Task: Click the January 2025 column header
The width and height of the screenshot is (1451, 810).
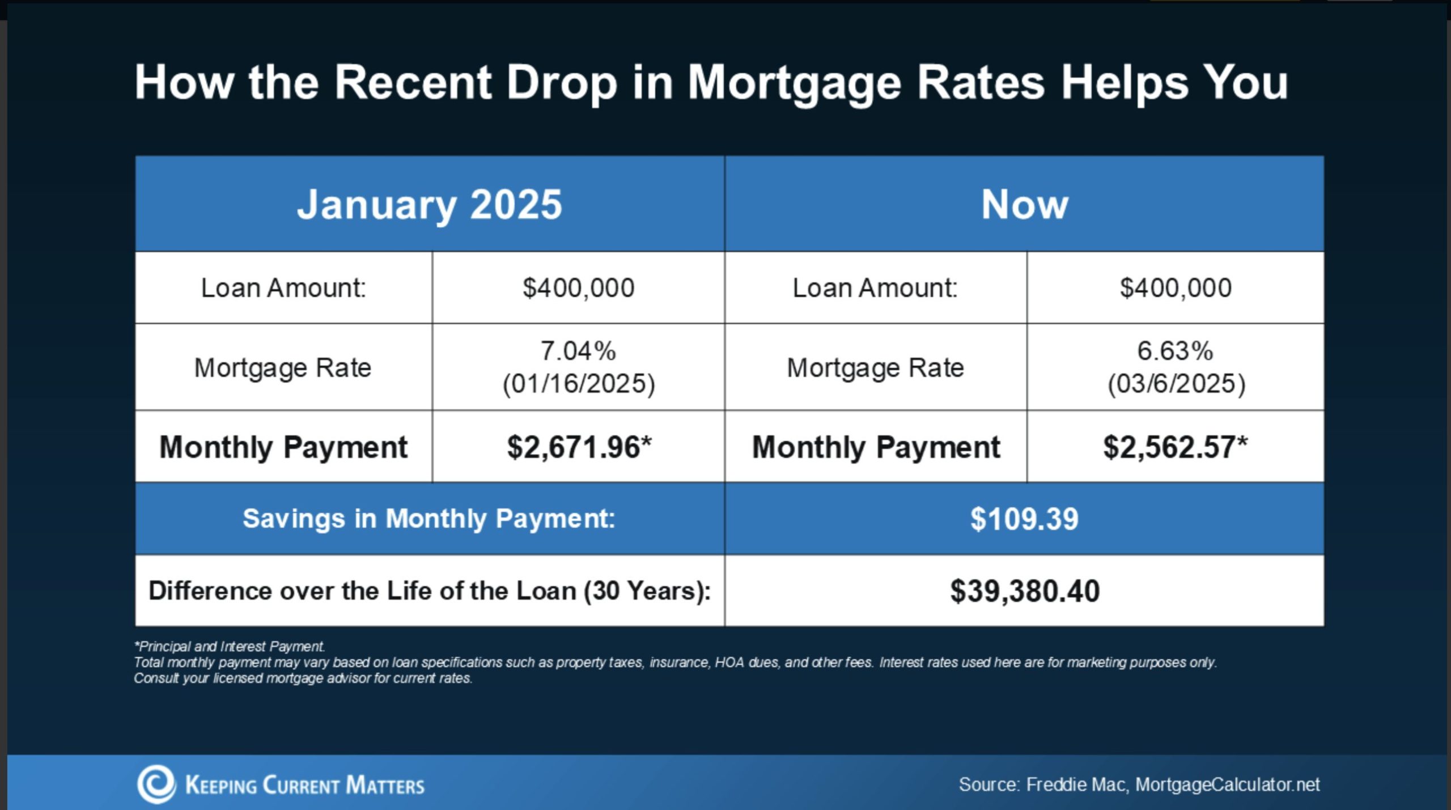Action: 430,205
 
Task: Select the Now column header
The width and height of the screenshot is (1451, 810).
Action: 1024,205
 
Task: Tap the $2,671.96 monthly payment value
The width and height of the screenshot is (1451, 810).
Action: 579,447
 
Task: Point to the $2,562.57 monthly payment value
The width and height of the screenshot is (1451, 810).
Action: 1175,447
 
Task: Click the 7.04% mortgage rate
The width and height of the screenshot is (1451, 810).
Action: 578,351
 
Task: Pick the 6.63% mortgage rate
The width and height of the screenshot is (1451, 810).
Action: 1175,351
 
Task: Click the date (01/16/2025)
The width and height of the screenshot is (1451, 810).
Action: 579,384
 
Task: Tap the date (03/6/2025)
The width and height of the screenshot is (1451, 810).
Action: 1177,384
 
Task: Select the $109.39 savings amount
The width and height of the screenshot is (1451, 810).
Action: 1024,519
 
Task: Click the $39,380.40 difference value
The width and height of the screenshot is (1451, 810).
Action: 1025,591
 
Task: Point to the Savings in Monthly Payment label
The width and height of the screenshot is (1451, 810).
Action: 429,519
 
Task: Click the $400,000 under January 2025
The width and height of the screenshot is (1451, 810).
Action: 578,288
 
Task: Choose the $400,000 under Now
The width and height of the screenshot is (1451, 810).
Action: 1176,288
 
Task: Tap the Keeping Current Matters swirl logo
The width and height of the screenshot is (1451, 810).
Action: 156,784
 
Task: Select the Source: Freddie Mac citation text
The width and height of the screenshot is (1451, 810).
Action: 1139,784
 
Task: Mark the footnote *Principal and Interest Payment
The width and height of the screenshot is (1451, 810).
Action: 230,647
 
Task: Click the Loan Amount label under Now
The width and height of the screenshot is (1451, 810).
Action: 875,288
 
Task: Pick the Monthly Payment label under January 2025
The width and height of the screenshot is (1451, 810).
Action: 283,447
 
